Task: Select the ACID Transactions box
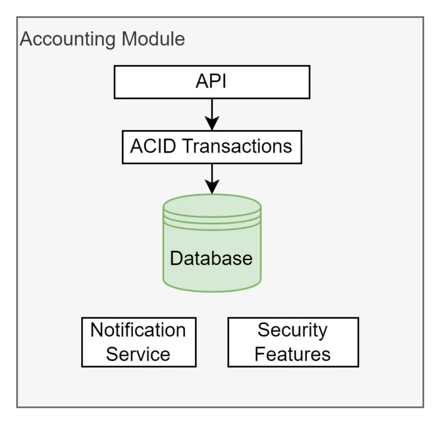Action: point(212,146)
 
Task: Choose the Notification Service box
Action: point(139,342)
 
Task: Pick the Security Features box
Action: point(293,342)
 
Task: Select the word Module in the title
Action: point(153,39)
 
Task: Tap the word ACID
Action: point(154,146)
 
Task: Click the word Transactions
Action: point(237,146)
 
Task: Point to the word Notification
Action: point(138,330)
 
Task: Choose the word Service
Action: point(138,354)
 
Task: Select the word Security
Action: point(292,330)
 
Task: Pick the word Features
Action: point(292,354)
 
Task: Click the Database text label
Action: point(211,258)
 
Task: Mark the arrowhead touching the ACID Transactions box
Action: point(212,124)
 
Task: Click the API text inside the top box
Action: point(211,82)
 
